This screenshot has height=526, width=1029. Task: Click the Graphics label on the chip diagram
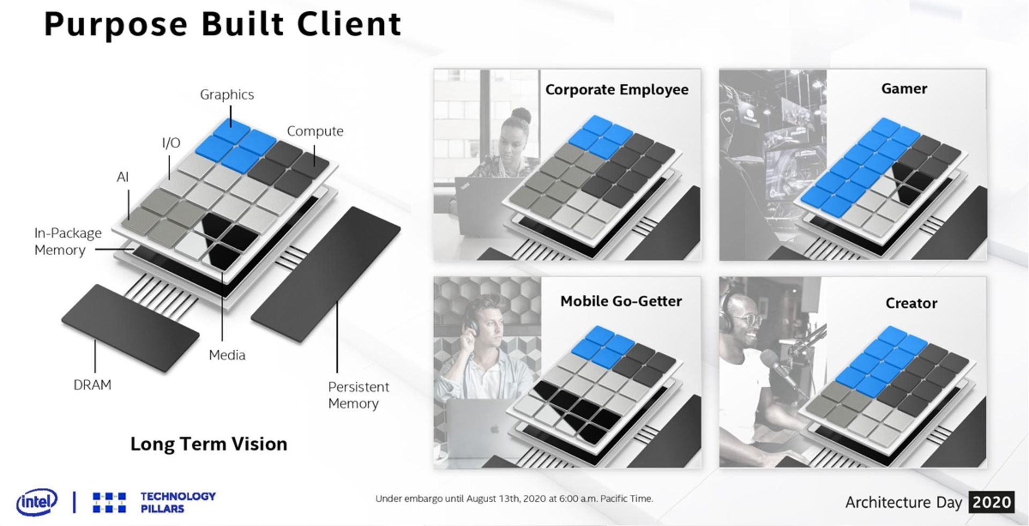click(227, 95)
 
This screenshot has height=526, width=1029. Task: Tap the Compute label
click(315, 131)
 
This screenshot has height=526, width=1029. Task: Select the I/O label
click(171, 143)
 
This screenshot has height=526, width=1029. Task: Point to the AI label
click(123, 177)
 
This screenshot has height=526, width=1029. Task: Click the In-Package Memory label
click(68, 241)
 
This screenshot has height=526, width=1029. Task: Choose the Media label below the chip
click(227, 355)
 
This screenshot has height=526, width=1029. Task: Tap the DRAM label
click(92, 385)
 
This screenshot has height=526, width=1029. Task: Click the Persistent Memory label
click(358, 395)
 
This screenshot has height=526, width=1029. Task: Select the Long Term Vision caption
click(209, 444)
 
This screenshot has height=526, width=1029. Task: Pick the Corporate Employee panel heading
click(617, 90)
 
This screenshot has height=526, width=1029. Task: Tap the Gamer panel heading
click(904, 88)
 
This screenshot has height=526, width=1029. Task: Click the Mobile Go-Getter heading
click(621, 301)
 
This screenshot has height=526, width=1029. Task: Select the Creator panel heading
click(911, 303)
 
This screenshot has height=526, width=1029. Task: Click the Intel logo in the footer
click(37, 502)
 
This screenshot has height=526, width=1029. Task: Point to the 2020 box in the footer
click(991, 502)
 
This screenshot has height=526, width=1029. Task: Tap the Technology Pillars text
click(178, 502)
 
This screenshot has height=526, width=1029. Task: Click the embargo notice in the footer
click(514, 499)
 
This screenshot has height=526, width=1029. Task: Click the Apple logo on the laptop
click(495, 429)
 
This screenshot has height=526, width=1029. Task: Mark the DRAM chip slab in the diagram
click(130, 328)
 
